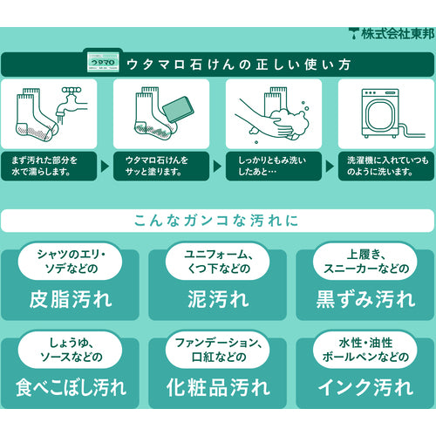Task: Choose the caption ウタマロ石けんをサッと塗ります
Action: (161, 166)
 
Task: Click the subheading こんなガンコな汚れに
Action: (217, 220)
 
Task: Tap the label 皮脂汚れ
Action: (71, 299)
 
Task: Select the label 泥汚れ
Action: (218, 299)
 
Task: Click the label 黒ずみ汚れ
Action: (365, 299)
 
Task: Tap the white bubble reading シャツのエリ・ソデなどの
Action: (71, 261)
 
